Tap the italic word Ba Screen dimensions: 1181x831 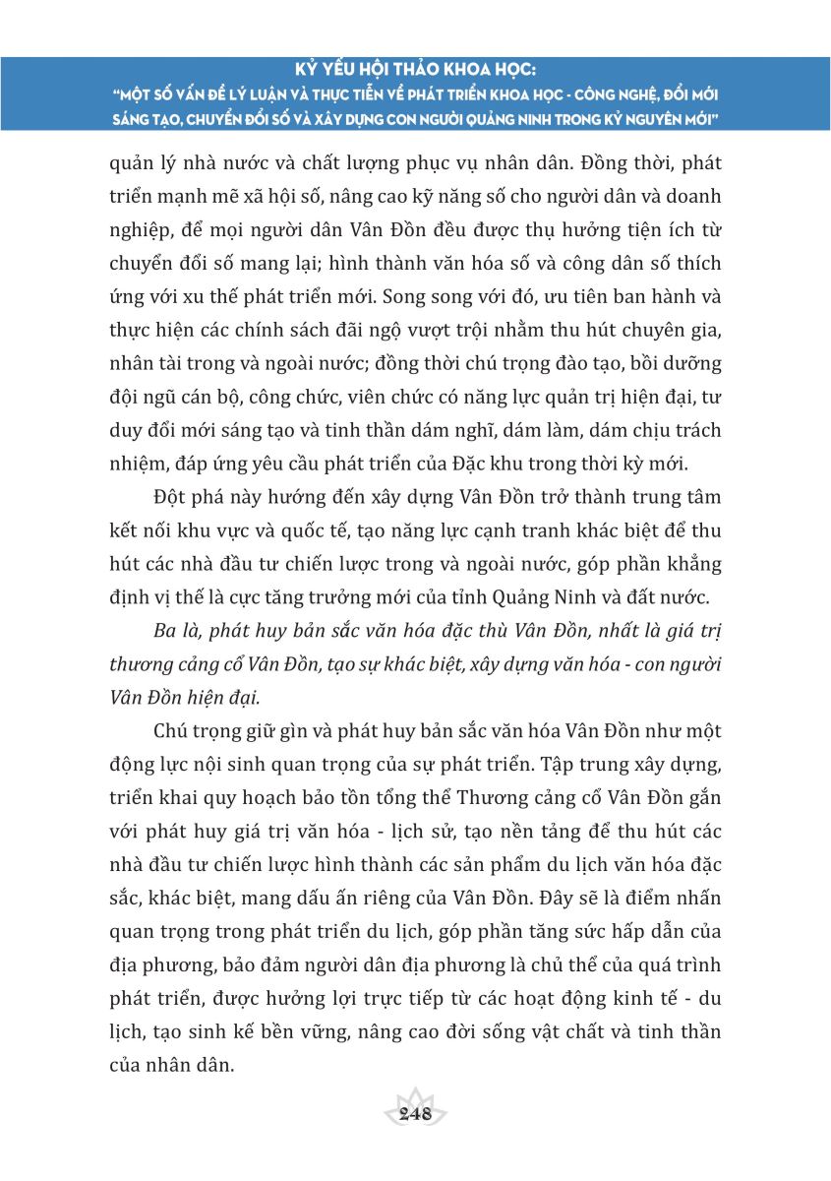point(166,632)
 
